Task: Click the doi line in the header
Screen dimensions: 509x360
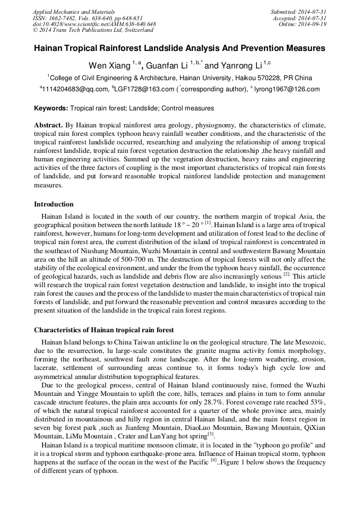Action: [x=95, y=24]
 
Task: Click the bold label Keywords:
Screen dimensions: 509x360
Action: [x=51, y=108]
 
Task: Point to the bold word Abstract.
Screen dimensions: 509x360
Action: [x=48, y=126]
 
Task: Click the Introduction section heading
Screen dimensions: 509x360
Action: [x=54, y=204]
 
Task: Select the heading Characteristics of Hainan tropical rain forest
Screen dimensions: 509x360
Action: [x=104, y=330]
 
